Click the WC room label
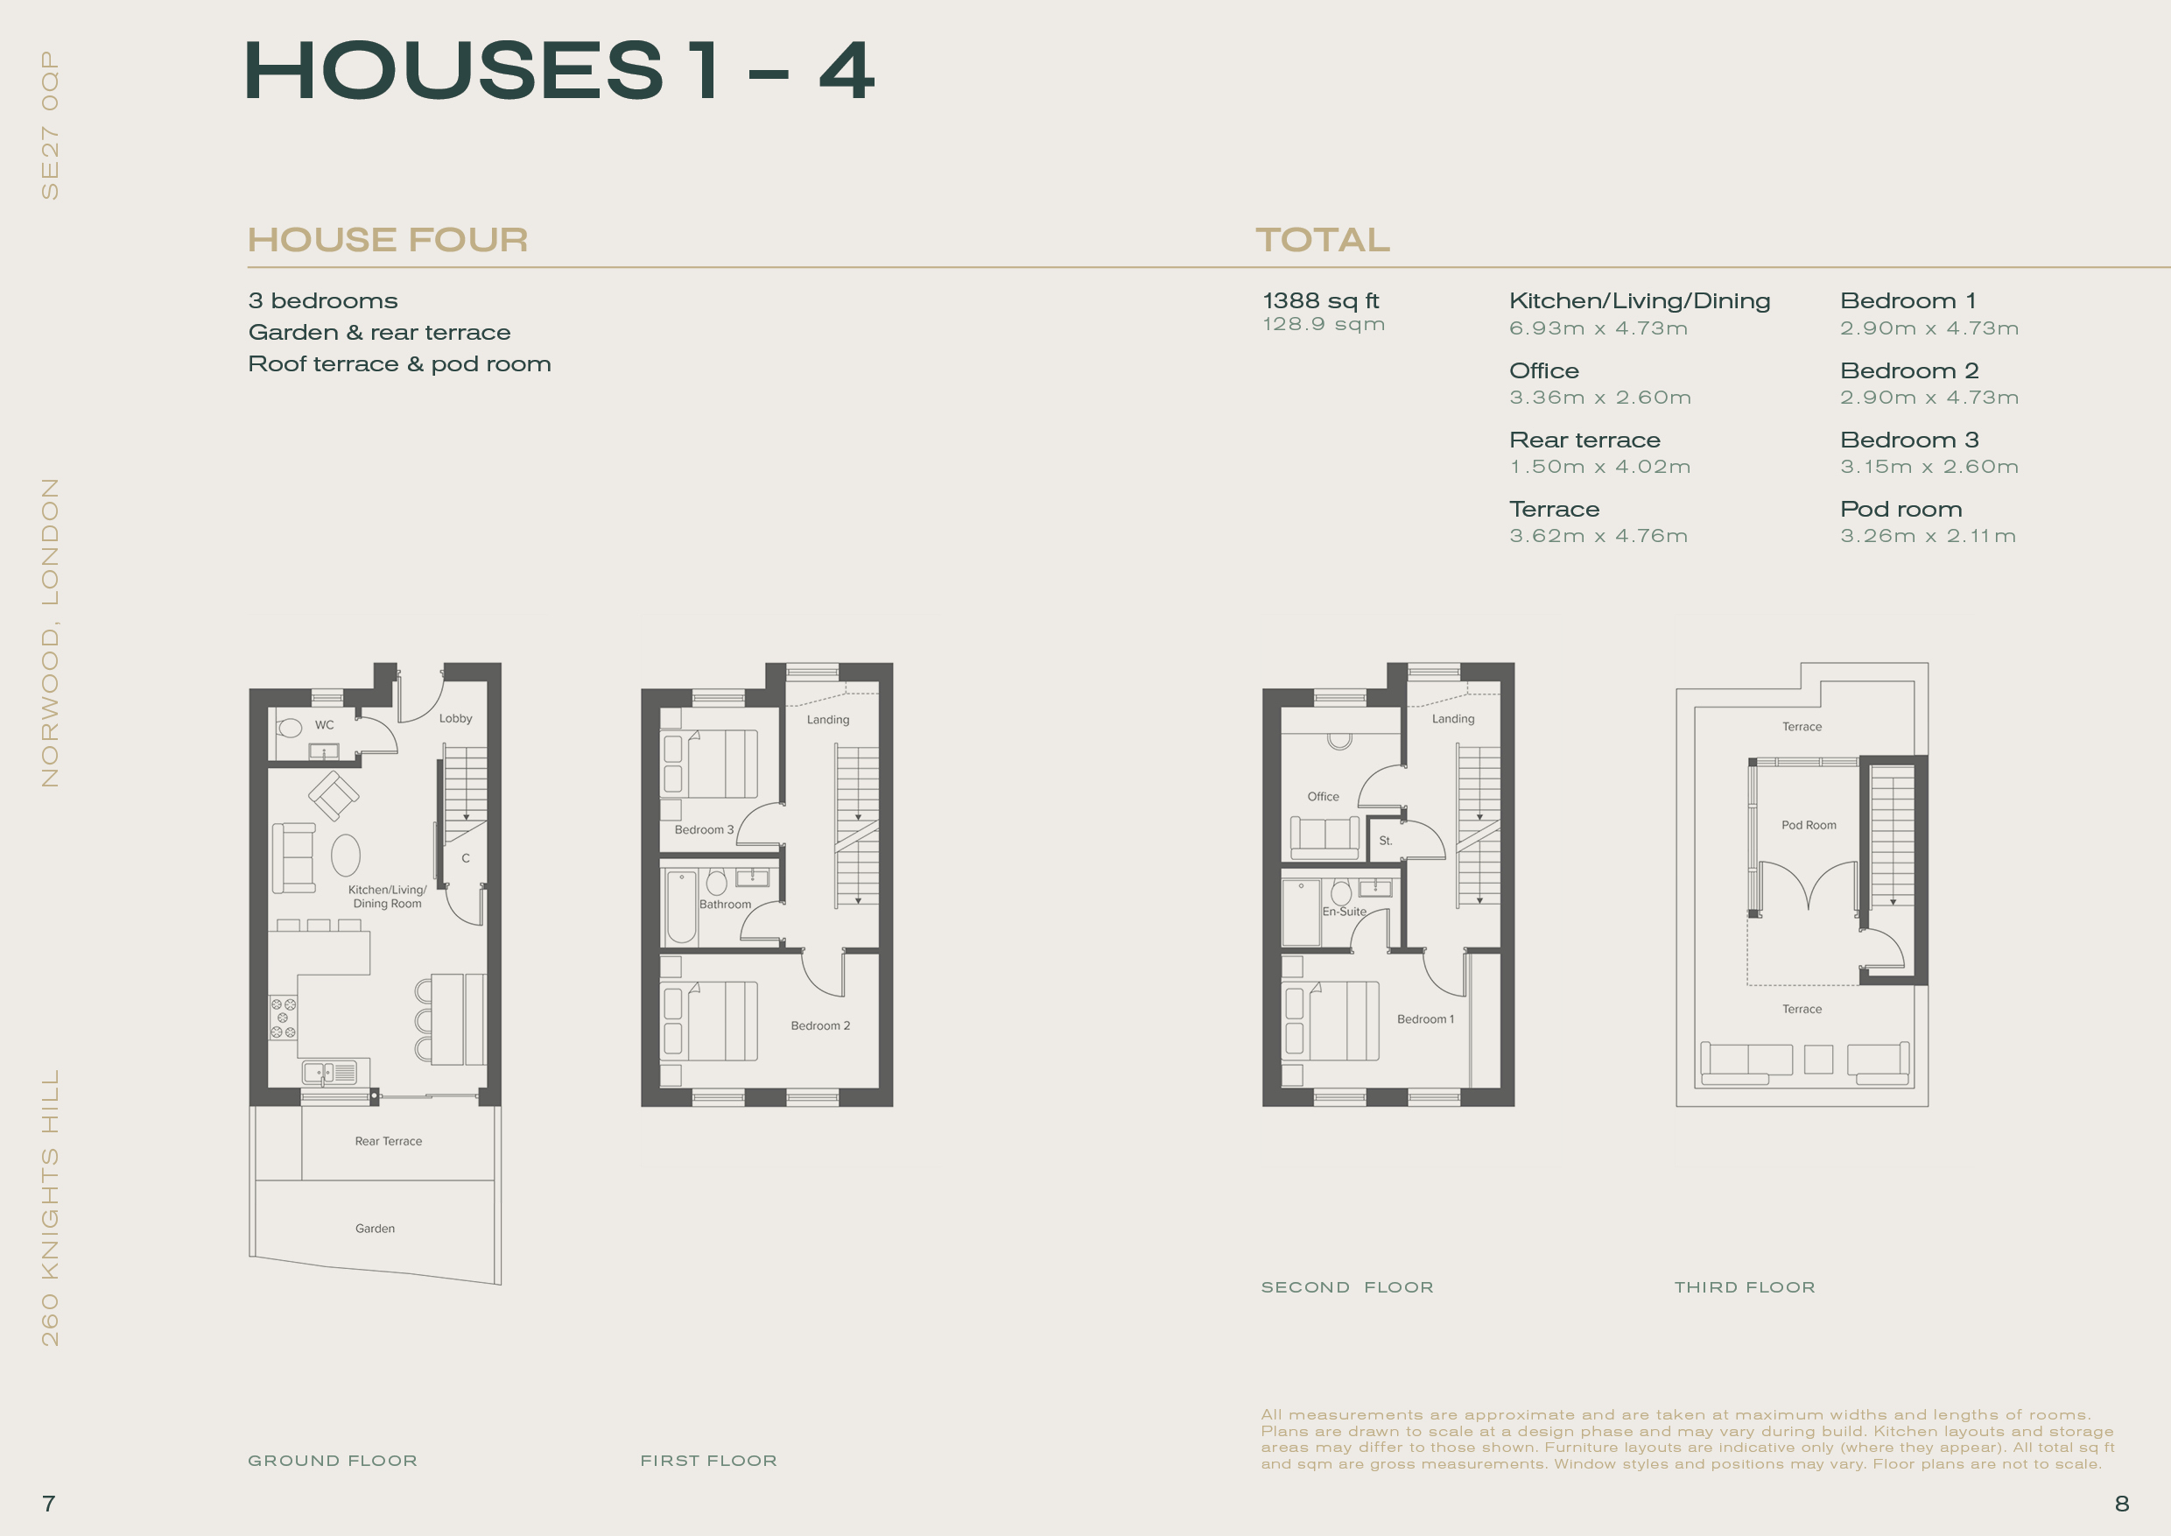324,725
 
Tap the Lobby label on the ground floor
456,719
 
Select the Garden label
376,1229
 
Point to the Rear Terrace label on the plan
389,1142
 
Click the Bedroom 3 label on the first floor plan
705,830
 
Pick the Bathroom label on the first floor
725,905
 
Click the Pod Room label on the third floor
1809,826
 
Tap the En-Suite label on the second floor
1345,912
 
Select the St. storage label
1385,841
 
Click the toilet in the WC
290,728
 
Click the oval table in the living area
346,856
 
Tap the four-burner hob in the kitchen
283,1018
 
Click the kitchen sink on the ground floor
330,1073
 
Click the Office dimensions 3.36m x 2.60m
1600,398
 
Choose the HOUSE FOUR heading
388,240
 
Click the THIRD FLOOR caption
1745,1287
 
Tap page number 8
2122,1504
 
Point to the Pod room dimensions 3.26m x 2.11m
1928,536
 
